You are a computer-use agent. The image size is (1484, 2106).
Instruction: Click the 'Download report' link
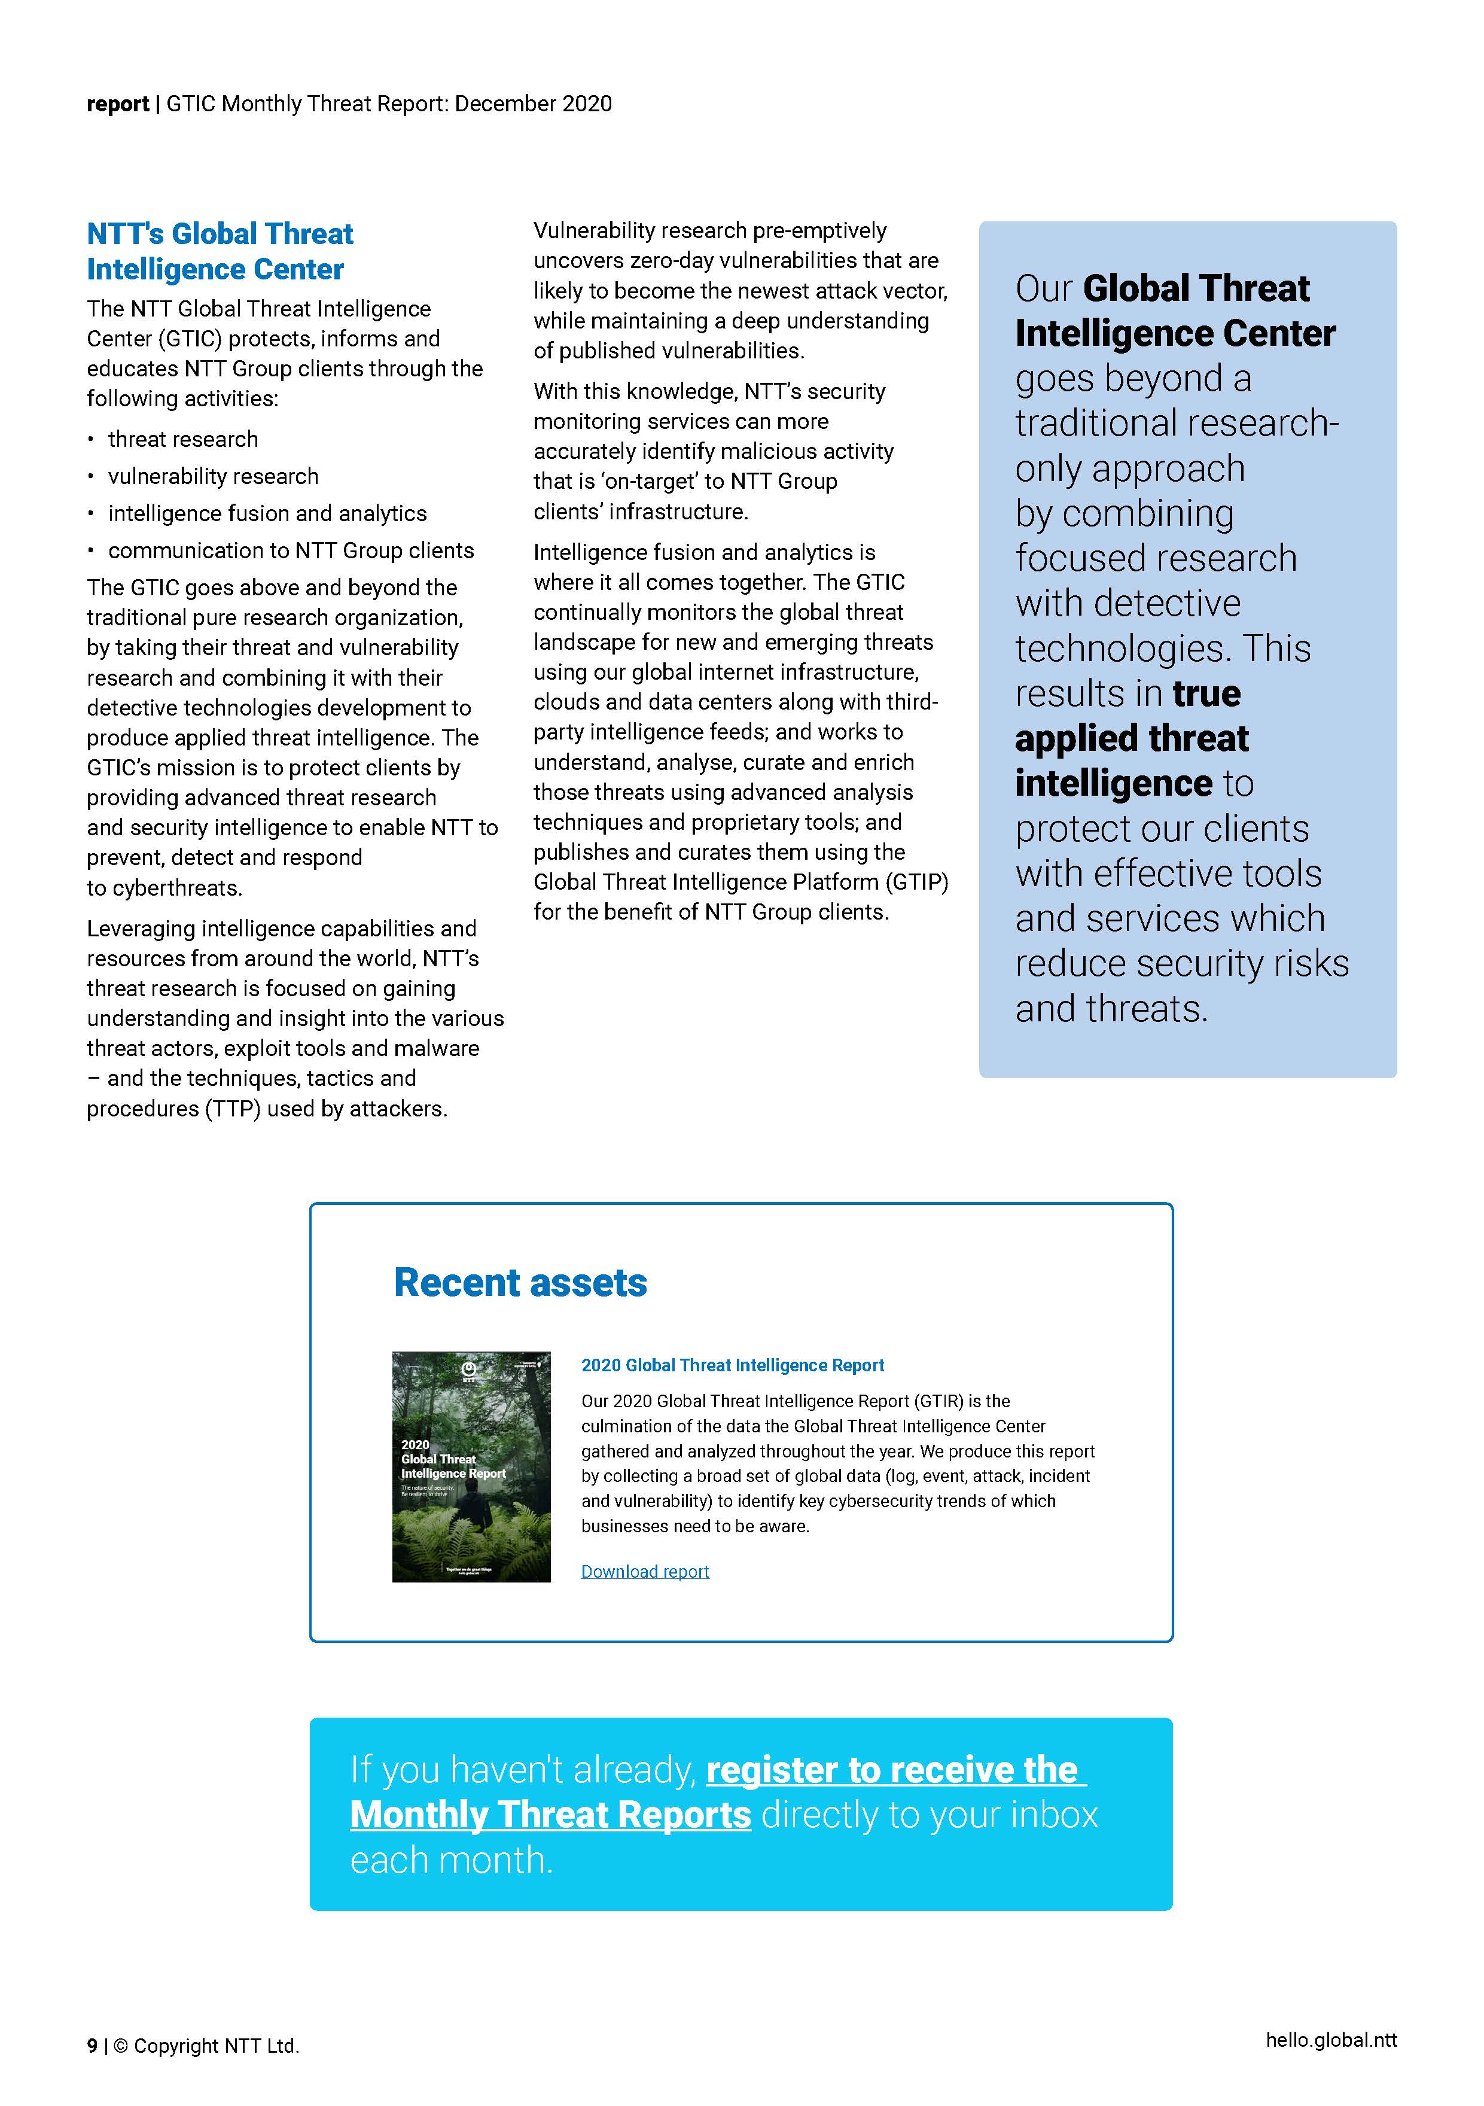[645, 1571]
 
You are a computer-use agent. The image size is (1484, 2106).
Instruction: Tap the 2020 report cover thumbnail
[471, 1466]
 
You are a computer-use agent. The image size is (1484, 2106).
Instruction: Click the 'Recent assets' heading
[520, 1282]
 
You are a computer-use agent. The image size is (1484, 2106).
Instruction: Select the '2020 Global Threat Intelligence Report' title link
[732, 1365]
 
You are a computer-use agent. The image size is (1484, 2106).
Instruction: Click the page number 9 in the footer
[92, 2046]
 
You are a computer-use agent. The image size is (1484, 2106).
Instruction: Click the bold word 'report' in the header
[117, 104]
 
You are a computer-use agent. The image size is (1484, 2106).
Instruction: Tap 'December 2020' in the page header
[533, 104]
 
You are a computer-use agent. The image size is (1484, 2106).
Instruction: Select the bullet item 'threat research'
[182, 439]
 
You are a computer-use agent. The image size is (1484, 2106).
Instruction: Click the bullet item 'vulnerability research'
[213, 476]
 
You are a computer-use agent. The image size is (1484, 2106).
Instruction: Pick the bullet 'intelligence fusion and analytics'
[267, 514]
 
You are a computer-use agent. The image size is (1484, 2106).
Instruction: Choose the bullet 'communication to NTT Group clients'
[291, 550]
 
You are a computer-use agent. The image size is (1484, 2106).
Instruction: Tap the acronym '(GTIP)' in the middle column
[916, 882]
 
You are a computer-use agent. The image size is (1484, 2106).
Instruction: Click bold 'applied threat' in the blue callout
[1131, 738]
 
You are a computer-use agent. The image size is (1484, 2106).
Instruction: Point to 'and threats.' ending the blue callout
[1111, 1008]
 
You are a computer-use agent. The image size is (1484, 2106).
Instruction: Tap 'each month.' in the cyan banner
[451, 1860]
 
